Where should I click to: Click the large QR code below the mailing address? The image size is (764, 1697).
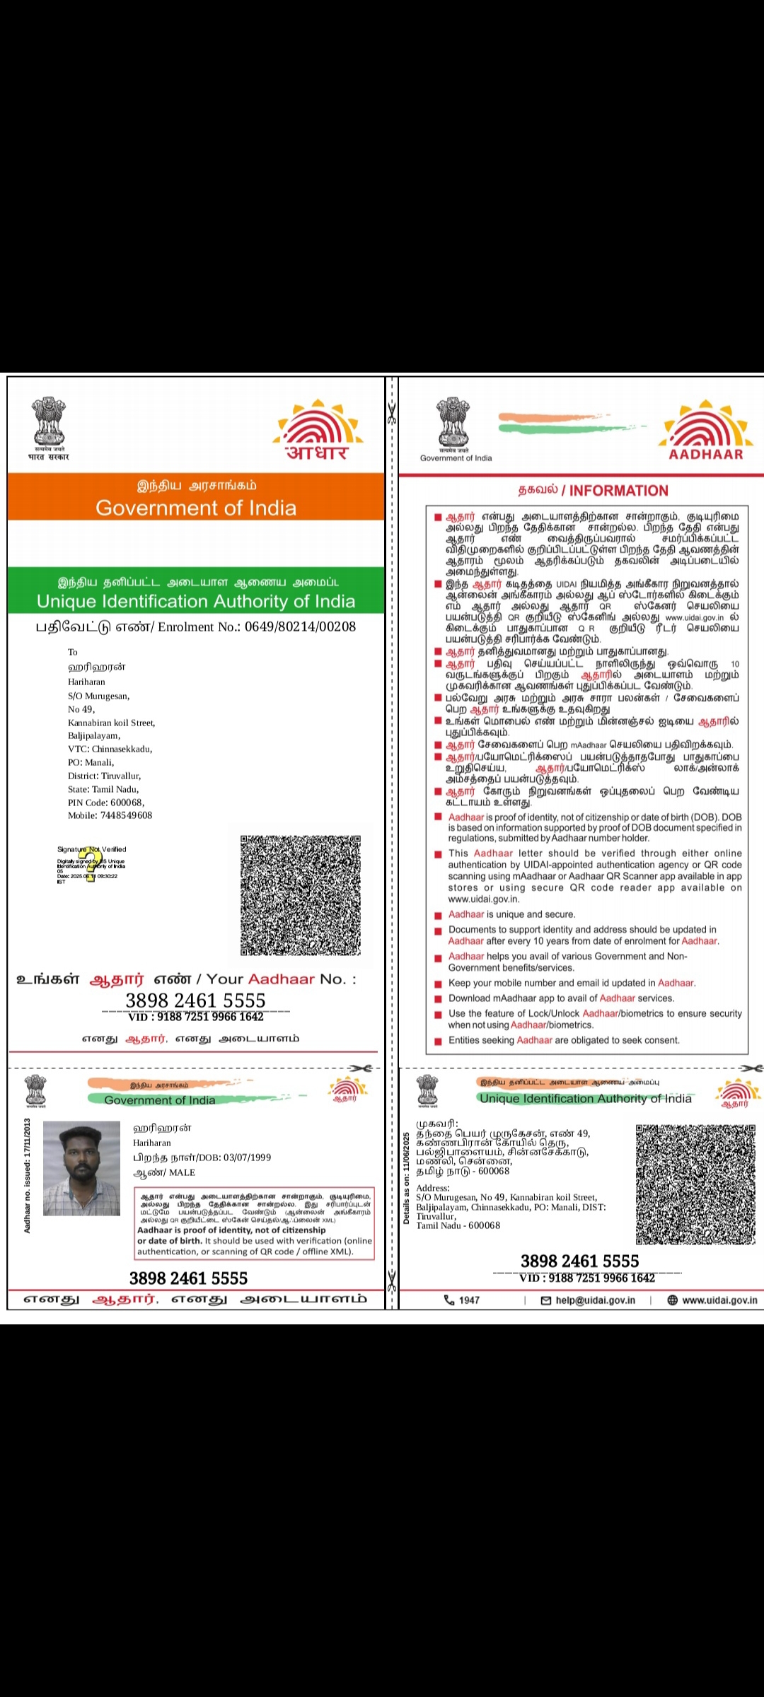(x=301, y=895)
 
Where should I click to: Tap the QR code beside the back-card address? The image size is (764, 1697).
(x=695, y=1184)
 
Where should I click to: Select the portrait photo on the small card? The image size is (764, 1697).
(x=81, y=1168)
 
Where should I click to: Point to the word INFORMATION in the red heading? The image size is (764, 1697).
(x=618, y=491)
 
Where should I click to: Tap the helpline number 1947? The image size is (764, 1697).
(x=469, y=1300)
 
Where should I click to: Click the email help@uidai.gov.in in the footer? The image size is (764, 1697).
(x=595, y=1300)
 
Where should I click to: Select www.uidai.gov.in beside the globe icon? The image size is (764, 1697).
(x=719, y=1300)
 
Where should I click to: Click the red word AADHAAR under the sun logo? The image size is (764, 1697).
(x=706, y=455)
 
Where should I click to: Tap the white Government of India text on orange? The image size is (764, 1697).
(x=196, y=508)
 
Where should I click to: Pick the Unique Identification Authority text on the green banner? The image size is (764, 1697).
(x=196, y=602)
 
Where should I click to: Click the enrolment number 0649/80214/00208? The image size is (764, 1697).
(x=301, y=626)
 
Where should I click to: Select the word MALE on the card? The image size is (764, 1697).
(x=182, y=1172)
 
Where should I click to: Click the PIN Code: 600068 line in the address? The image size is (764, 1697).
(x=106, y=803)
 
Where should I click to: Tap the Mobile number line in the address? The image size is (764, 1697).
(x=110, y=815)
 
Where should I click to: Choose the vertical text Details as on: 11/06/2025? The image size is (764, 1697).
(x=407, y=1178)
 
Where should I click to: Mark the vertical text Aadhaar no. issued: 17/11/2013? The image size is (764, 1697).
(x=28, y=1175)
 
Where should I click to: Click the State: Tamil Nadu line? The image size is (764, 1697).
(x=103, y=789)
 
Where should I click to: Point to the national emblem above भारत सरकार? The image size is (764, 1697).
(x=49, y=422)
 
